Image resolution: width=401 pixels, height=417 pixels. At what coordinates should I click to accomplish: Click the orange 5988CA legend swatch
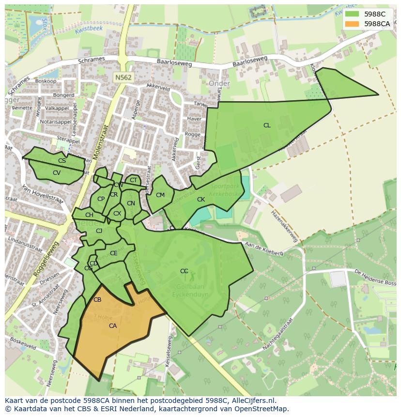[x=352, y=23]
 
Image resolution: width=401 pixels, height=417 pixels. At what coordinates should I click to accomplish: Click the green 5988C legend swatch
[x=352, y=14]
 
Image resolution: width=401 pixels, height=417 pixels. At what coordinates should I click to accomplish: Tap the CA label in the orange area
[x=113, y=326]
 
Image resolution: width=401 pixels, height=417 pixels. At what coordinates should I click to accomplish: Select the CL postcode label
[x=267, y=125]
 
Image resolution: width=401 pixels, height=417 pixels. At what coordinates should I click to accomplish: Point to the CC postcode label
[x=184, y=271]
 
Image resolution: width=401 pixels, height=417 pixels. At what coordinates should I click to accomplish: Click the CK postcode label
[x=201, y=200]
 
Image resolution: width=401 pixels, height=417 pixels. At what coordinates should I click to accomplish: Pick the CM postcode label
[x=160, y=195]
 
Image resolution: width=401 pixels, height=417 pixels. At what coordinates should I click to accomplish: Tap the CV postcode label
[x=57, y=173]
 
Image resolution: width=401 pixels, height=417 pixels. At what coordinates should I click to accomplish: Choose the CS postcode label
[x=62, y=161]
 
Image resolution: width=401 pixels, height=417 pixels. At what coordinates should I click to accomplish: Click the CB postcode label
[x=97, y=300]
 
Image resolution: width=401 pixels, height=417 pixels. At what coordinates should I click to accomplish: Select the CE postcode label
[x=114, y=253]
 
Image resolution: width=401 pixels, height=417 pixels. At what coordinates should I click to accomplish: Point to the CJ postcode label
[x=99, y=231]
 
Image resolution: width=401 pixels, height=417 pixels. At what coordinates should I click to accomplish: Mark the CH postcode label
[x=89, y=215]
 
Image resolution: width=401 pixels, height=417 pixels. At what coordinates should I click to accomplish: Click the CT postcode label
[x=134, y=181]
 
